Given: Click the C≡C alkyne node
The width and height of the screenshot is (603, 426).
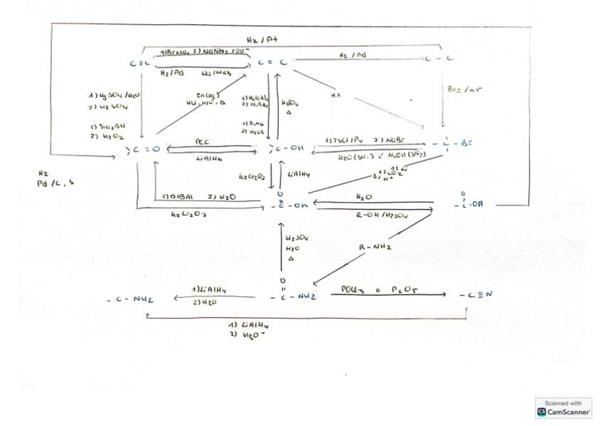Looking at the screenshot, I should tap(136, 63).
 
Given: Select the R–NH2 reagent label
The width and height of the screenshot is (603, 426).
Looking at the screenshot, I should tap(376, 247).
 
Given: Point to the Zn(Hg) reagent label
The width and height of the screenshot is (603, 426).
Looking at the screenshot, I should tap(208, 95).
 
